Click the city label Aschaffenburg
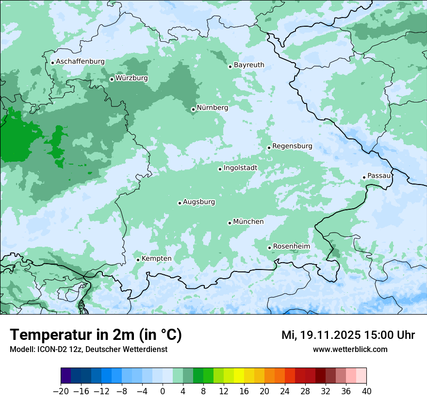click(80, 62)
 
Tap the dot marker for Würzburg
click(112, 79)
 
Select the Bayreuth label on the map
click(249, 65)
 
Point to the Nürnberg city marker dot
click(193, 109)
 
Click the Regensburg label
click(292, 146)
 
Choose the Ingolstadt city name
click(240, 168)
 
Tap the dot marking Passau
click(364, 177)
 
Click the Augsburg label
click(199, 202)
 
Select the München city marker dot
click(230, 223)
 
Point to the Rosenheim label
click(291, 246)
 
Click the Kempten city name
click(156, 258)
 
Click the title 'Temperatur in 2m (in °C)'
click(96, 335)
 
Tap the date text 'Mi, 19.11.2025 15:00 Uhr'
click(348, 335)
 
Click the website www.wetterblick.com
click(350, 349)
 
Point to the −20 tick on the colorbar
click(61, 391)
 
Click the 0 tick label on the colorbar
click(163, 391)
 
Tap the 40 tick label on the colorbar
click(366, 391)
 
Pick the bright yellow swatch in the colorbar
click(239, 376)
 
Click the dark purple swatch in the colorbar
click(66, 376)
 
